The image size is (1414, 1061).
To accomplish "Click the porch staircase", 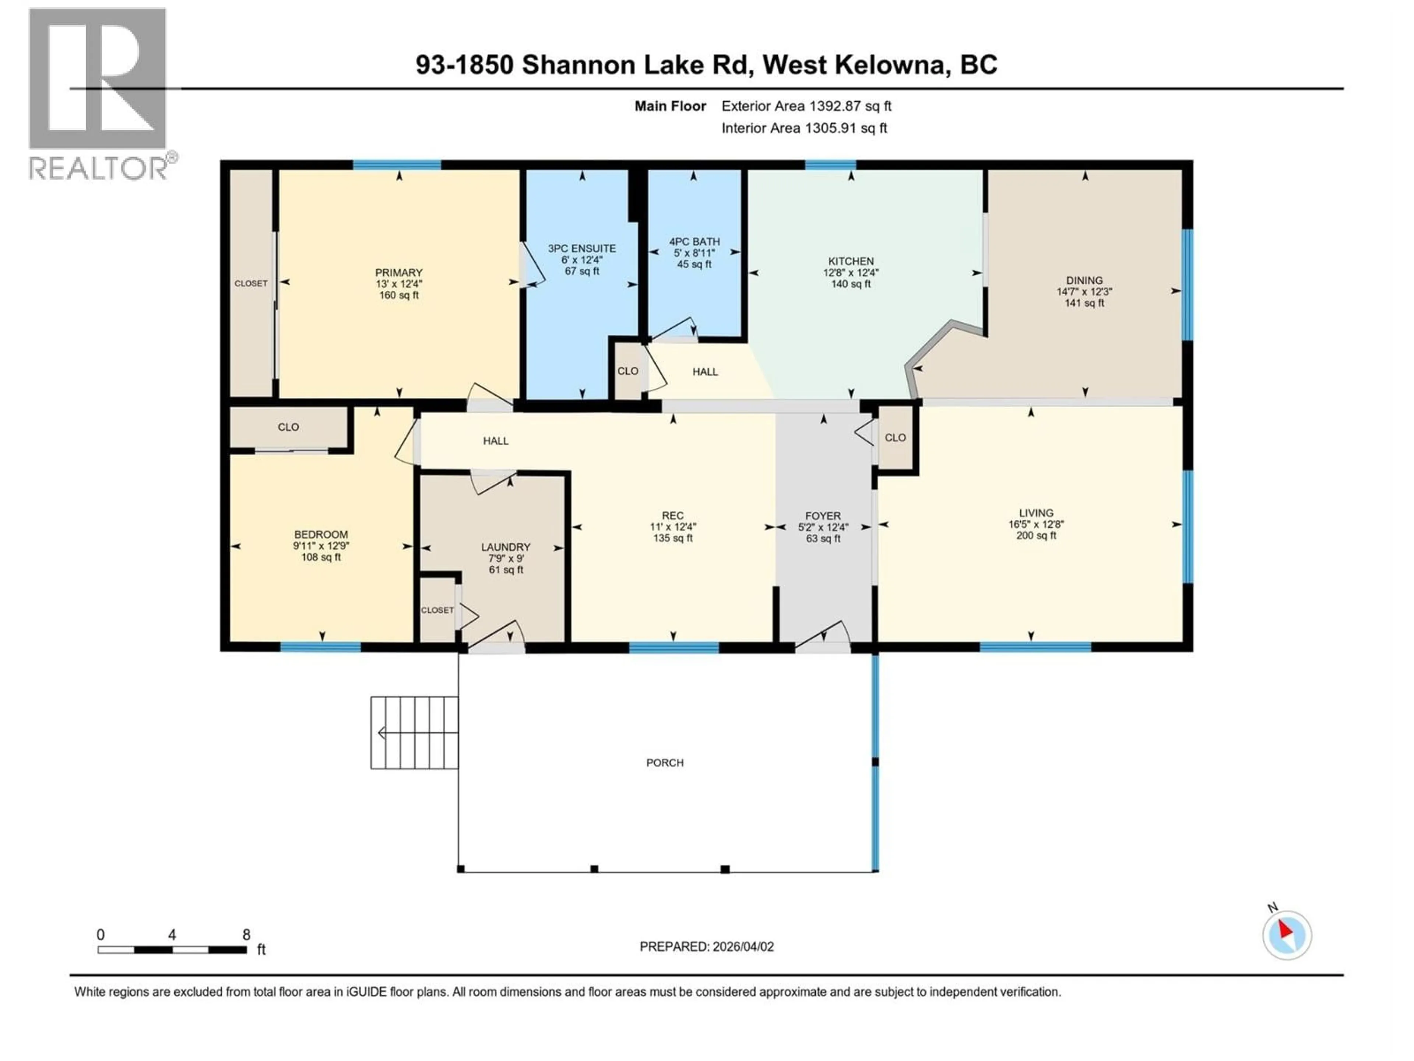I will pos(414,733).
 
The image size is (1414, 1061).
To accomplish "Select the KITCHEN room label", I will pos(851,261).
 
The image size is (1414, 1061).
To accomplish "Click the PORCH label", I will pos(665,762).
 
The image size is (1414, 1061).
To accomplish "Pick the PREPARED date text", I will pos(706,946).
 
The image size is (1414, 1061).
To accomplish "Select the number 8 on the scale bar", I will pos(246,934).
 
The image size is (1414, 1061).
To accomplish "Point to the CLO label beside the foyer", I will pos(895,437).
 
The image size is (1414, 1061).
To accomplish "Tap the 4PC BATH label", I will pos(694,242).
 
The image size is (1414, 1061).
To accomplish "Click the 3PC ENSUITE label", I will pos(582,248).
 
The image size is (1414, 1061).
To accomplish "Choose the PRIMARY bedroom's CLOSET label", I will pos(251,283).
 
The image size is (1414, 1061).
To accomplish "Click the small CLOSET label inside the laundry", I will pos(437,610).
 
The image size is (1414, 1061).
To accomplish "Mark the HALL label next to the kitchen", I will pos(705,372).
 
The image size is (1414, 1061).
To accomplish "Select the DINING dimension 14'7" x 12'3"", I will pos(1084,292).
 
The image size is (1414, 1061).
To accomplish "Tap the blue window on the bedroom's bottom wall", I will pos(320,647).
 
